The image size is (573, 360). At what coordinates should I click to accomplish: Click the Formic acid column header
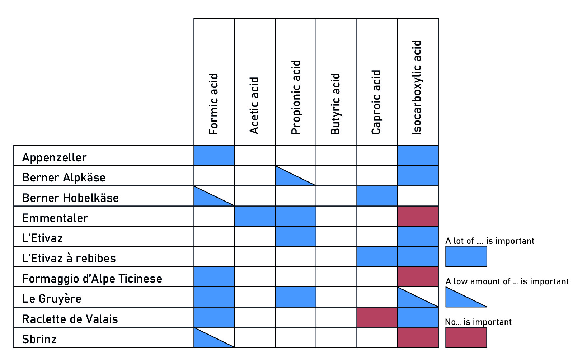(x=214, y=104)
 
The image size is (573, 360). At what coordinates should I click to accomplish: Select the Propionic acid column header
(x=296, y=98)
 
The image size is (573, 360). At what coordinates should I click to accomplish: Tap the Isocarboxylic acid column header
(x=417, y=87)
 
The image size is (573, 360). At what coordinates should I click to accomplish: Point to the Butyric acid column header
(x=336, y=104)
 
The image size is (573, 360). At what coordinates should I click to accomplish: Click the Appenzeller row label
(x=55, y=157)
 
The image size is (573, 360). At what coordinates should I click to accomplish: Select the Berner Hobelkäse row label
(x=70, y=198)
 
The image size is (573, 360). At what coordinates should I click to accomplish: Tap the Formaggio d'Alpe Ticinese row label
(x=92, y=279)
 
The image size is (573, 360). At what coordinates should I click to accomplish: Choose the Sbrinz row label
(x=39, y=339)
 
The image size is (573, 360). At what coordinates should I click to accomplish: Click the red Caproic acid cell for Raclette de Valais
(x=377, y=317)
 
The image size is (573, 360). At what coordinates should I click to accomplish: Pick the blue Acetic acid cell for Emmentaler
(x=255, y=216)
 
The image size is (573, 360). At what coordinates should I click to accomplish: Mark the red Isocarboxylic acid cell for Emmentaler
(x=418, y=216)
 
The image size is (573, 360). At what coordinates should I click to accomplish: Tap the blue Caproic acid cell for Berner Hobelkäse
(x=377, y=196)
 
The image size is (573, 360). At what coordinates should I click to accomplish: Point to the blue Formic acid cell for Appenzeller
(x=214, y=156)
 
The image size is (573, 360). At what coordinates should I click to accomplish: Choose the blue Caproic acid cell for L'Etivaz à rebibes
(x=377, y=257)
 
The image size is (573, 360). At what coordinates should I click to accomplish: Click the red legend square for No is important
(x=466, y=337)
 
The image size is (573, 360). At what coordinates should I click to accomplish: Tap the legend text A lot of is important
(x=490, y=241)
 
